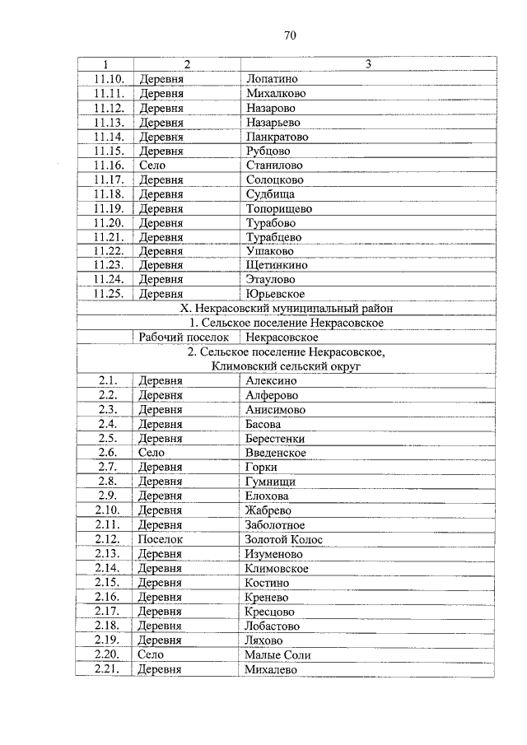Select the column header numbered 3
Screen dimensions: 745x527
pos(368,64)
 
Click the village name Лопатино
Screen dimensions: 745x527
pos(272,79)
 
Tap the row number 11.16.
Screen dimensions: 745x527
pos(109,165)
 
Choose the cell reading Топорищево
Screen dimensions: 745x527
pos(278,209)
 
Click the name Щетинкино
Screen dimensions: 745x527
pos(277,266)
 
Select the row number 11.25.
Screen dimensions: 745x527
pos(109,294)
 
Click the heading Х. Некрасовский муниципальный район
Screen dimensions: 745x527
pos(286,309)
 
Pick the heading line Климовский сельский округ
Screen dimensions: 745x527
pos(286,366)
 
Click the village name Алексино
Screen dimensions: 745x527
pos(271,380)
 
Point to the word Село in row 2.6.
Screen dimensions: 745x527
pos(152,453)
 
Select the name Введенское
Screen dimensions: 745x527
pos(275,453)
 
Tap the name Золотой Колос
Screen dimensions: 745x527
pos(284,539)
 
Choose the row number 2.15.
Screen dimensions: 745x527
pos(107,583)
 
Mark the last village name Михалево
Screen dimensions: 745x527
pos(272,669)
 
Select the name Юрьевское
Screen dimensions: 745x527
pos(275,294)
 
